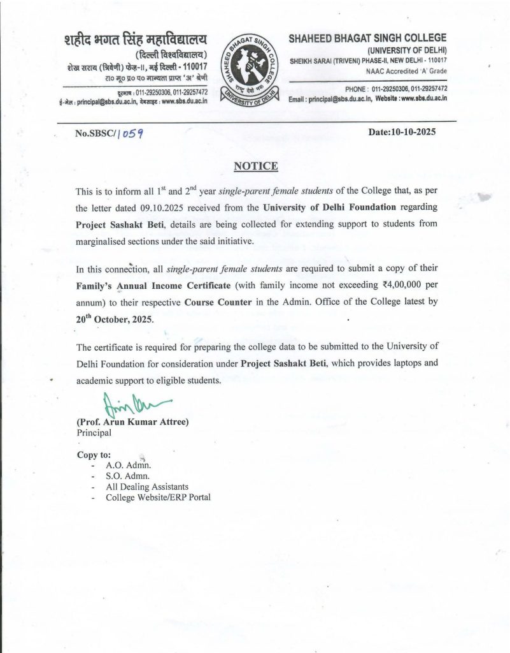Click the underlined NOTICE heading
click(x=256, y=166)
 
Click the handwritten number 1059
click(x=129, y=134)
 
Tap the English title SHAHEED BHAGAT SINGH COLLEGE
click(x=368, y=38)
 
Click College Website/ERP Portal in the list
click(x=158, y=497)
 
